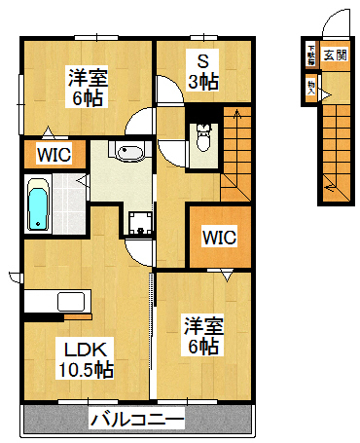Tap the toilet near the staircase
(x=203, y=139)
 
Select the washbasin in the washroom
(x=129, y=152)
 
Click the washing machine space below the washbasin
(x=140, y=223)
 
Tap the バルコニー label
(x=137, y=421)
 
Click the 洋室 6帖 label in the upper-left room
(x=87, y=86)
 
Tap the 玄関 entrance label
(x=334, y=55)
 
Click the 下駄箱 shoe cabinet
(x=311, y=55)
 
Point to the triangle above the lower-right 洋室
(x=227, y=277)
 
